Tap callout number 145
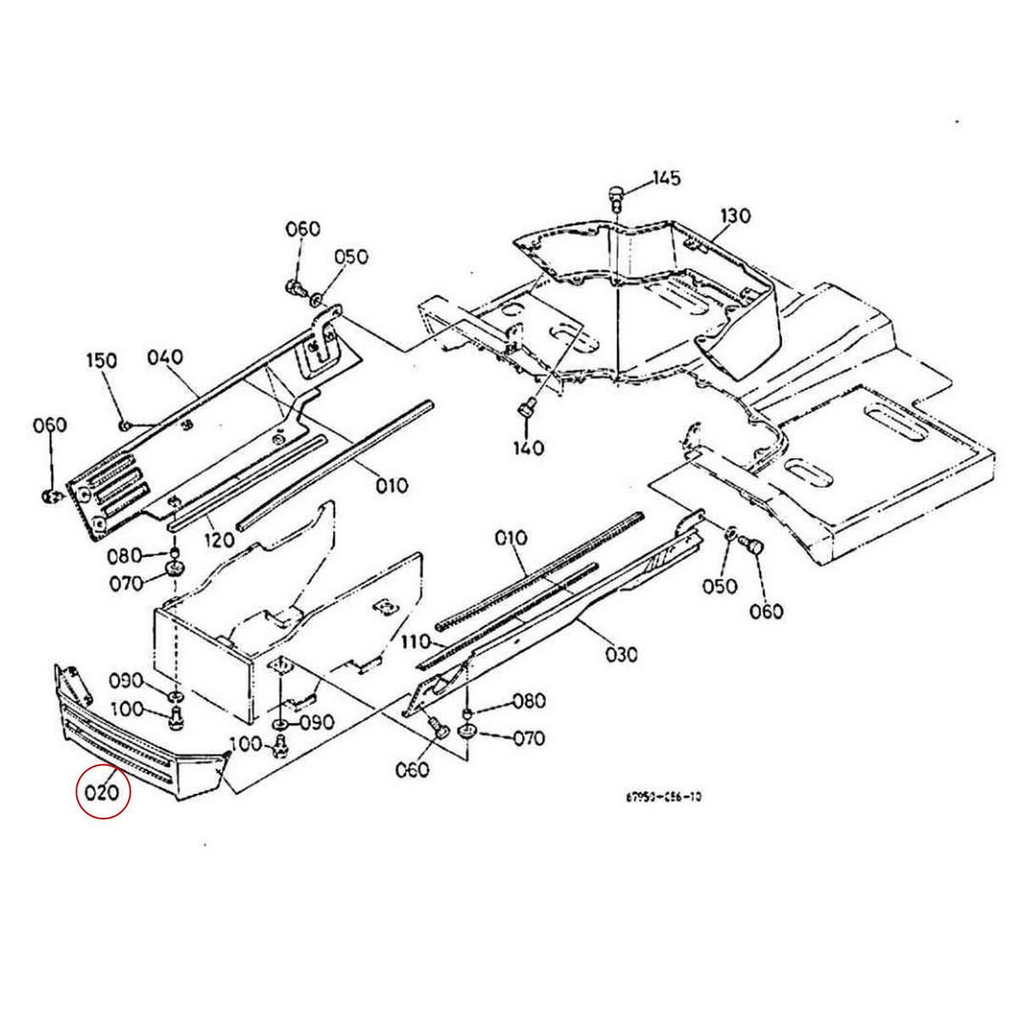click(666, 179)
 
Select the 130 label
click(736, 216)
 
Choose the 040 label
click(165, 358)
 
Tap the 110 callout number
click(416, 643)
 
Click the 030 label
click(621, 653)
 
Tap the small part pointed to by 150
click(124, 424)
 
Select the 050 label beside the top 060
click(351, 256)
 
